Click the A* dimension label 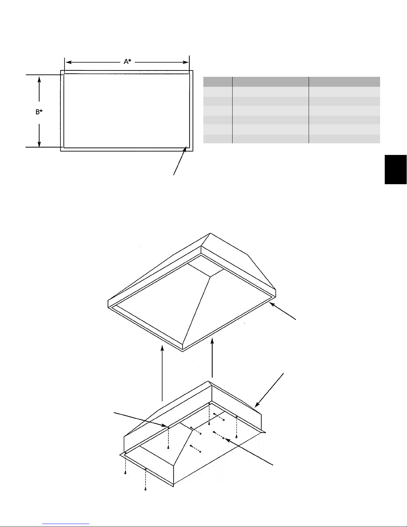128,62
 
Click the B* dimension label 39,112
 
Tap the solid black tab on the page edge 396,170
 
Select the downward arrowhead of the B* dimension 39,144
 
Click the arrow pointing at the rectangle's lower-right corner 180,161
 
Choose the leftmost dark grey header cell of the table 218,82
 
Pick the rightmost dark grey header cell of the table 345,82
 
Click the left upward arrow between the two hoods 162,373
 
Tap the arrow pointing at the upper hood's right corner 283,311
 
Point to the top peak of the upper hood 210,233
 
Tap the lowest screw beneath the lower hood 146,490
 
